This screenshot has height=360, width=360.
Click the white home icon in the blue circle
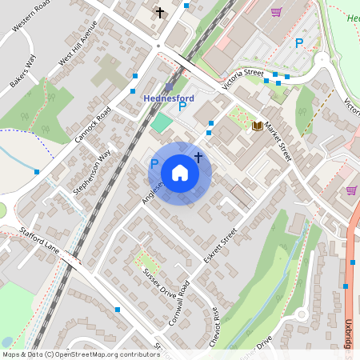pos(180,172)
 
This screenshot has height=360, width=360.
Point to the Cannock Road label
pos(90,126)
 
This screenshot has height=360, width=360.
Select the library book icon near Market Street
pos(258,126)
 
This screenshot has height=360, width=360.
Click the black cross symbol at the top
pos(160,13)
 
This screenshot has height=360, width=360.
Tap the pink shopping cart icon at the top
pos(276,13)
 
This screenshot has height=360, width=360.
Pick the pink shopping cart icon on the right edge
pos(351,190)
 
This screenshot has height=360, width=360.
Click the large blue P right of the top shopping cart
pos(299,43)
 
